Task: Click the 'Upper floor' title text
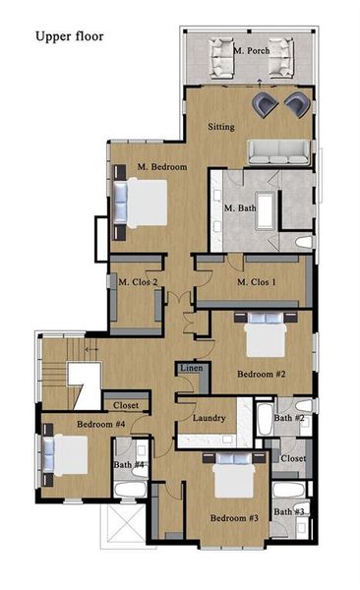point(69,36)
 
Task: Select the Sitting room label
point(222,127)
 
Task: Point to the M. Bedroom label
point(162,167)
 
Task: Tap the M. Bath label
point(240,208)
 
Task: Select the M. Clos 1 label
point(258,283)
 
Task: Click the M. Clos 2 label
point(139,283)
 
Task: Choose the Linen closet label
point(192,368)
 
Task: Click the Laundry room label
point(210,418)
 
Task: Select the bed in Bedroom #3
point(227,482)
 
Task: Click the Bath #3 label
point(288,511)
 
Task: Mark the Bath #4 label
point(128,464)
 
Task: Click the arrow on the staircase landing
point(92,349)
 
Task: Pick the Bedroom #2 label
point(261,374)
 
